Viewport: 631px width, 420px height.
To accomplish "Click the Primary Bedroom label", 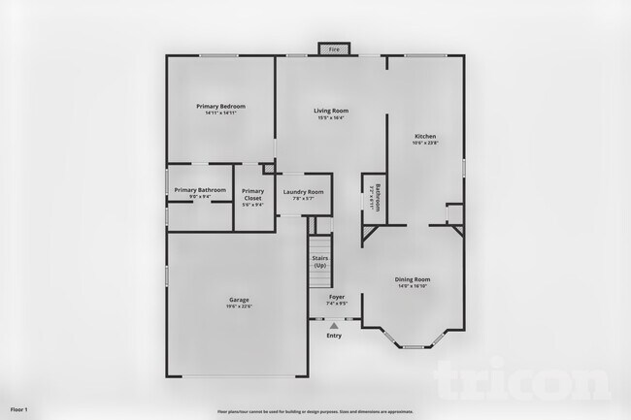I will [x=220, y=106].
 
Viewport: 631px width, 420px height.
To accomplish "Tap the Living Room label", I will [x=331, y=111].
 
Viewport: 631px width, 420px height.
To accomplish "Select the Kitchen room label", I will [x=425, y=136].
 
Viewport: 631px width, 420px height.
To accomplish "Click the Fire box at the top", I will [x=334, y=48].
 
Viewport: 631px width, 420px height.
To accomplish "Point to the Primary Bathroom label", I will [x=200, y=189].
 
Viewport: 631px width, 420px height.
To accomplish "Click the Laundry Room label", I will [x=303, y=192].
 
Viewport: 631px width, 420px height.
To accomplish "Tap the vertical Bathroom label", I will [x=378, y=197].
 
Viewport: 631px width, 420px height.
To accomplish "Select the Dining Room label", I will [x=413, y=279].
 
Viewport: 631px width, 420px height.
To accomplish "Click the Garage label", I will [x=239, y=300].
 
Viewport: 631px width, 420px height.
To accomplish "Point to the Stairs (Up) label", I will [x=319, y=262].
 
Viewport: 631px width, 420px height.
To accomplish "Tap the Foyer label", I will [x=337, y=297].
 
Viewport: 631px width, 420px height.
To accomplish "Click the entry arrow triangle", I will [x=334, y=325].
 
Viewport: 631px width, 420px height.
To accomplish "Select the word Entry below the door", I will [x=334, y=336].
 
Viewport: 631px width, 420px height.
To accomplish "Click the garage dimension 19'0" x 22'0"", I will [x=239, y=307].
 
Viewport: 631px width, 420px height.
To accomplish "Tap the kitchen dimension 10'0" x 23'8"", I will [x=425, y=143].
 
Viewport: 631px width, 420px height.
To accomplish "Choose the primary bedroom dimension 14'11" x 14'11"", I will [x=220, y=113].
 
